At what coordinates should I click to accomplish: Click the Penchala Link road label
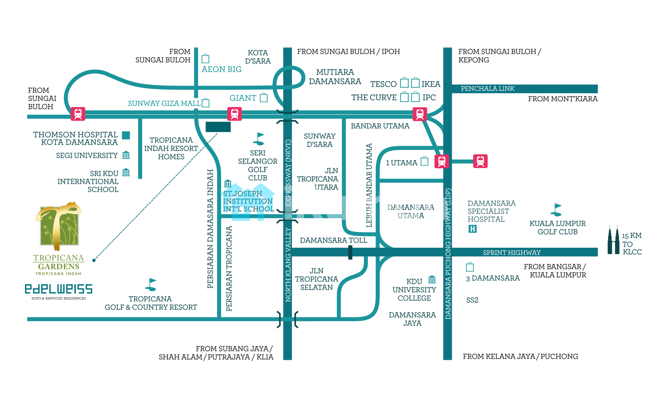click(487, 89)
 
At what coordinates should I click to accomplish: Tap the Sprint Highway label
click(511, 253)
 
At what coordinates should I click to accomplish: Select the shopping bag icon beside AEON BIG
click(205, 59)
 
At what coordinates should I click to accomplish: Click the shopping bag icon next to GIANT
click(264, 98)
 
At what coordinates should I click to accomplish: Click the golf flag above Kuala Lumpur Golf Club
click(556, 210)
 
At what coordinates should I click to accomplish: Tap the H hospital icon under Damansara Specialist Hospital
click(472, 229)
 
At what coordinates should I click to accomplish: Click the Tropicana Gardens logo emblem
click(59, 226)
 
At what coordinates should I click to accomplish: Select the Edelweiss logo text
click(59, 289)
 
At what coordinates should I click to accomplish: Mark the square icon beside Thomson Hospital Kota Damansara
click(126, 135)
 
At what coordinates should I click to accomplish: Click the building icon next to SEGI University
click(126, 155)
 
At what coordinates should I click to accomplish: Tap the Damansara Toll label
click(333, 240)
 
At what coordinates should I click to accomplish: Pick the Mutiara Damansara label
click(335, 77)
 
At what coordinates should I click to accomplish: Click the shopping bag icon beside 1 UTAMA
click(424, 161)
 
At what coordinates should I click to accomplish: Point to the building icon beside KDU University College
click(432, 279)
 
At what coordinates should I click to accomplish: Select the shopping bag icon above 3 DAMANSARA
click(470, 267)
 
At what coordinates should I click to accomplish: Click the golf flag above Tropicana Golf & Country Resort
click(151, 284)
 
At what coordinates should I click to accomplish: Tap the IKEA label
click(431, 84)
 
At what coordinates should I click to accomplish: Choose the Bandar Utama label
click(380, 126)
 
